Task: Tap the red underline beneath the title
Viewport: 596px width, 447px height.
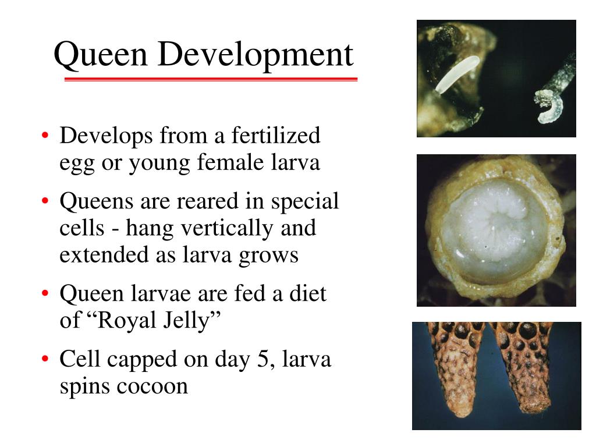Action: coord(210,79)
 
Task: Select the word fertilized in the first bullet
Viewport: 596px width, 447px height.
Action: coord(276,136)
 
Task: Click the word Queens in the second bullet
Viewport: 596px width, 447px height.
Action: coord(96,202)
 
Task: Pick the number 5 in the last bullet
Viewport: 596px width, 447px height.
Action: coord(261,360)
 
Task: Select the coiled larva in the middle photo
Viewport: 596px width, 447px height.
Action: coord(495,230)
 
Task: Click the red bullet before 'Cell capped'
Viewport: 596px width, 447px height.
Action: coord(46,360)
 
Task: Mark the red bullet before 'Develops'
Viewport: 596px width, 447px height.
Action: coord(46,137)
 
